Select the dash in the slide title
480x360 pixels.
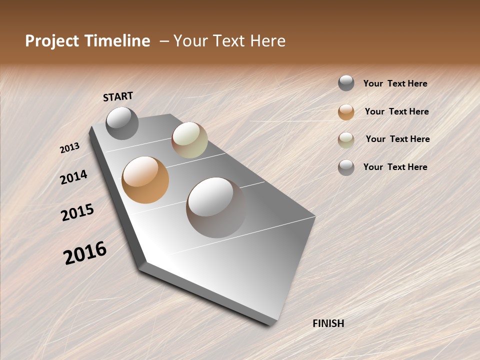coord(164,41)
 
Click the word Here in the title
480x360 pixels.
coord(267,41)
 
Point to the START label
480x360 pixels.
coord(118,96)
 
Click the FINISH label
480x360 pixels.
coord(328,323)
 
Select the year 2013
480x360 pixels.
coord(70,147)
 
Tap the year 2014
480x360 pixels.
coord(73,177)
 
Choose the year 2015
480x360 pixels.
coord(77,212)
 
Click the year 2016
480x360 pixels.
coord(85,252)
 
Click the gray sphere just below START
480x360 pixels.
coord(122,123)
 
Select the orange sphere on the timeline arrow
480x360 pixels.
coord(145,179)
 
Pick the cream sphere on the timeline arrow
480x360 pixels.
coord(189,140)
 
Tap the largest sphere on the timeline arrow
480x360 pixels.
coord(216,207)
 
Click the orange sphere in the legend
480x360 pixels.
coord(346,112)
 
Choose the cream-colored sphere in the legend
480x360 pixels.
coord(346,140)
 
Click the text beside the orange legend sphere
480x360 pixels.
coord(396,111)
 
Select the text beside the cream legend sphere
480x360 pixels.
coord(397,139)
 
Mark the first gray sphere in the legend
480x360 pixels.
coord(346,83)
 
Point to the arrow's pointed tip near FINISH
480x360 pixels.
coord(273,324)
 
